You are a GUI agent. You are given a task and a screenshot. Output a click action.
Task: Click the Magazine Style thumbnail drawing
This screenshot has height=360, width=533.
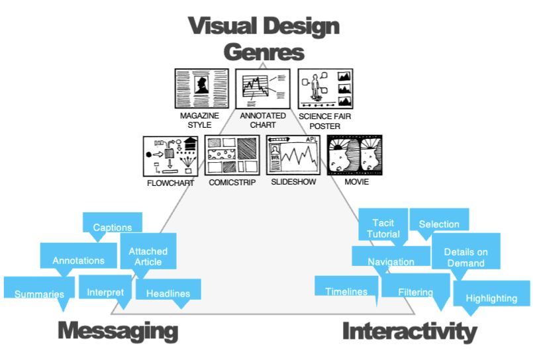click(x=201, y=89)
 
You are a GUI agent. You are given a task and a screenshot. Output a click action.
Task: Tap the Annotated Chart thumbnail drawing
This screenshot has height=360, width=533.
click(x=263, y=89)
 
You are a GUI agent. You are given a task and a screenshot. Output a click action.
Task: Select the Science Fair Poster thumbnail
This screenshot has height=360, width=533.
click(x=325, y=89)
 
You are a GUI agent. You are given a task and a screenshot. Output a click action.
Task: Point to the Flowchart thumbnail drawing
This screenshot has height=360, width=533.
click(x=171, y=156)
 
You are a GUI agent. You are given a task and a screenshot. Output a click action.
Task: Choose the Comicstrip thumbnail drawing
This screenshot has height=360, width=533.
click(x=232, y=156)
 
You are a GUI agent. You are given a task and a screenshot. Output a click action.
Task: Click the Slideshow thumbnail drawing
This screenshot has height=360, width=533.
click(x=293, y=156)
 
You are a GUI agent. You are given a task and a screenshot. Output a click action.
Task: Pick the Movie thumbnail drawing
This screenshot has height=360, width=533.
click(x=354, y=156)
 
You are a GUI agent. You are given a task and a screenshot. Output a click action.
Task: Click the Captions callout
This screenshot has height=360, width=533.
click(x=113, y=224)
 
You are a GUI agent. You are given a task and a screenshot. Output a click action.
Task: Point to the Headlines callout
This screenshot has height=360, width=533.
click(x=168, y=291)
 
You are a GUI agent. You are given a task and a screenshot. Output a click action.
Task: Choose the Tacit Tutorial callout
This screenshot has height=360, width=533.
click(x=383, y=226)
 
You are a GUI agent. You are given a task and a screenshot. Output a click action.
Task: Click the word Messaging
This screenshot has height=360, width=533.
click(x=118, y=330)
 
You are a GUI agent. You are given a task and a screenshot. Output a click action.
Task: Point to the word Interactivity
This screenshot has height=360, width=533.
click(x=410, y=332)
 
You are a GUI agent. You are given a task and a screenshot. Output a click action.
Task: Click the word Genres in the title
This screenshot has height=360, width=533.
click(x=264, y=52)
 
